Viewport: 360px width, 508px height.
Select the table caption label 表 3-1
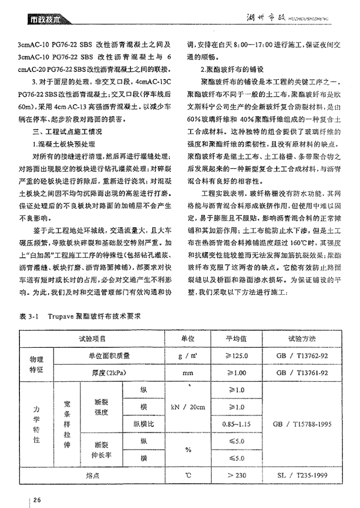pos(28,315)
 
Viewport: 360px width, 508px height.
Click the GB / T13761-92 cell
pos(302,372)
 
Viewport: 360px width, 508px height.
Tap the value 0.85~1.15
pos(237,424)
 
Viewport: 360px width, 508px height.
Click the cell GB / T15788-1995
pos(302,424)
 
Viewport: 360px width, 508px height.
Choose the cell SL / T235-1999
pos(302,475)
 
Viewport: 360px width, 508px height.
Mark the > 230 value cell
pos(237,475)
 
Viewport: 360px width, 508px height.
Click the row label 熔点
pos(93,475)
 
